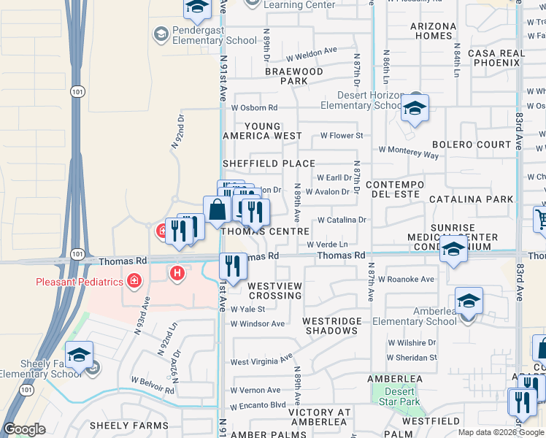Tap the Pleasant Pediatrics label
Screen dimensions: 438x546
click(x=79, y=281)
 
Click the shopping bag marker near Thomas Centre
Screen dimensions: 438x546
click(x=218, y=210)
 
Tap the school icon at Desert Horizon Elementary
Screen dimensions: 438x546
click(x=415, y=108)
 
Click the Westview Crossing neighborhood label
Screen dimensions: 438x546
click(x=274, y=291)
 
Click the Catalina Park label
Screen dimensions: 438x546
click(x=471, y=199)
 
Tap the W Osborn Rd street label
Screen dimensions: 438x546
click(x=254, y=108)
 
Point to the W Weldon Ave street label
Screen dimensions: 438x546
click(x=312, y=53)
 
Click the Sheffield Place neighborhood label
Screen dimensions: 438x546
click(x=269, y=164)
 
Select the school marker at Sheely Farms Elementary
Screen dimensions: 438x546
click(x=79, y=356)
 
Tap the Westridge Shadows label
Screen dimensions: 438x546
click(x=330, y=326)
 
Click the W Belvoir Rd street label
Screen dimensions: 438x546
click(x=153, y=385)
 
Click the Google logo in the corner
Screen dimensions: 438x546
click(x=24, y=429)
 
